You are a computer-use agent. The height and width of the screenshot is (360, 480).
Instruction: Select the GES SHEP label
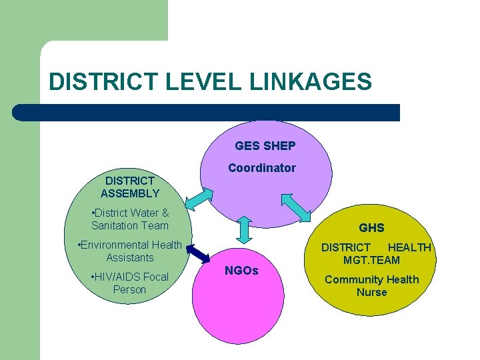(x=265, y=145)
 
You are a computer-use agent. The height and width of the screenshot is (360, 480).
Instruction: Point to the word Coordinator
(x=261, y=168)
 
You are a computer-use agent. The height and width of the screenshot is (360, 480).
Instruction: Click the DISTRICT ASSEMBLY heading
(x=130, y=187)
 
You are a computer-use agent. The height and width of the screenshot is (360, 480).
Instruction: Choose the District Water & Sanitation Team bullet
(x=130, y=219)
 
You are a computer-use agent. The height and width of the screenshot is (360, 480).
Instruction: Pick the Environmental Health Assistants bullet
(x=130, y=251)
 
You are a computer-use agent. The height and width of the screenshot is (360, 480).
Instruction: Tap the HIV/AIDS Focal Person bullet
(x=129, y=283)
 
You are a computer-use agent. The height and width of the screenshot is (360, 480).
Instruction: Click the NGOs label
(x=241, y=271)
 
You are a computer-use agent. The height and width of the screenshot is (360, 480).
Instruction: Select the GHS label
(x=371, y=228)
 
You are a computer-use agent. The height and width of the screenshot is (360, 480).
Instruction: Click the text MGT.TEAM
(x=371, y=260)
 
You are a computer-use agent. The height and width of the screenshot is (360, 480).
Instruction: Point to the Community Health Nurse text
(x=371, y=285)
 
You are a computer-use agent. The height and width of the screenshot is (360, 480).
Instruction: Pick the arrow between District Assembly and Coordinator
(x=198, y=199)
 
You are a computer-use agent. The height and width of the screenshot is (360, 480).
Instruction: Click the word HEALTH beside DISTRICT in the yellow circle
(x=409, y=247)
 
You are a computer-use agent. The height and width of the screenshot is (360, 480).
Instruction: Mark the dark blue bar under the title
(x=206, y=112)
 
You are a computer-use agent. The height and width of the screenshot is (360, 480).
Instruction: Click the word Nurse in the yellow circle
(x=371, y=292)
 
